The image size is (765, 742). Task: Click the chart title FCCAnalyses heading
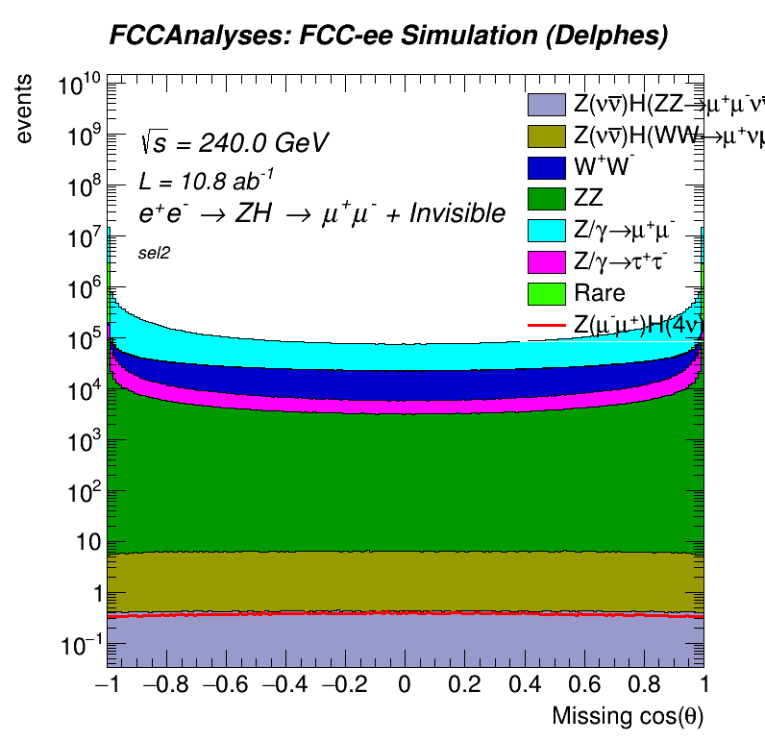pyautogui.click(x=387, y=37)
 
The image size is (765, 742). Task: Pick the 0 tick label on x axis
pyautogui.click(x=406, y=684)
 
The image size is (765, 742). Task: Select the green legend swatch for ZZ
pyautogui.click(x=546, y=198)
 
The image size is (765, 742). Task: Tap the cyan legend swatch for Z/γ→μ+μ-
pyautogui.click(x=546, y=230)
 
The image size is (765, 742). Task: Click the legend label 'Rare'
pyautogui.click(x=599, y=293)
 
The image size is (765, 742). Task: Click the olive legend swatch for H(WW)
pyautogui.click(x=546, y=136)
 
